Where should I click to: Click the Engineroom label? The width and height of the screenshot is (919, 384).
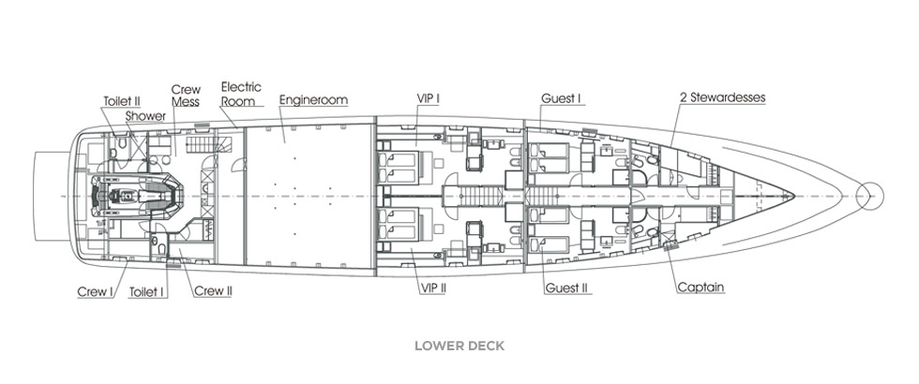point(313,99)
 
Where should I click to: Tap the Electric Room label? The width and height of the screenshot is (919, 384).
point(241,93)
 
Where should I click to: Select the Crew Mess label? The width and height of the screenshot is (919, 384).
point(185,96)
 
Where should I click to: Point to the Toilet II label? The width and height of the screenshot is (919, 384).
point(122,100)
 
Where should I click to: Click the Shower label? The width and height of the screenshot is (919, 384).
point(146,116)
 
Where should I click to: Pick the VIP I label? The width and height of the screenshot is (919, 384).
point(429,98)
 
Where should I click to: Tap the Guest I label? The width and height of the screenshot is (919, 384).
point(562,98)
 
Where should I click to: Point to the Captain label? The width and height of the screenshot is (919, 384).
point(701,288)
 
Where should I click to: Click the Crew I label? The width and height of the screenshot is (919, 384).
point(95,291)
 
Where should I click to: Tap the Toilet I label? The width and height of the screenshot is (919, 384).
point(147,291)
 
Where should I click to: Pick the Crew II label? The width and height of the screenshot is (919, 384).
point(213,291)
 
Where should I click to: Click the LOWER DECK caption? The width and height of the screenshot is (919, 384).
point(459,346)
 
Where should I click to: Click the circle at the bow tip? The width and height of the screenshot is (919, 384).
point(871,196)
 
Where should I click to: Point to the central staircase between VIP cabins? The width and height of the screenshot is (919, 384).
point(476,196)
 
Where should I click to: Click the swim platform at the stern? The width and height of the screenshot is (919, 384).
point(49,195)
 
